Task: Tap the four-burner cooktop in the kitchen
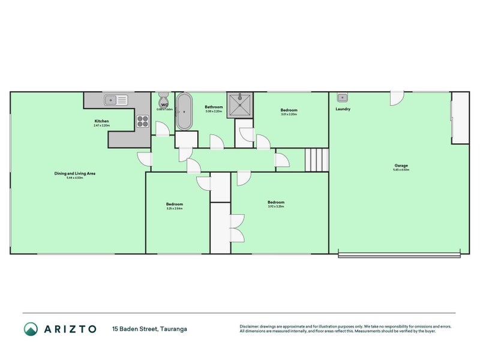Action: pos(142,121)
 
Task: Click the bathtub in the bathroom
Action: pos(184,111)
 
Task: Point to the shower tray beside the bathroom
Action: pos(240,103)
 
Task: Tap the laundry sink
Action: pos(342,97)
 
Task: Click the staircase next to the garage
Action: pos(316,160)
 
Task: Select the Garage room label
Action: pos(401,166)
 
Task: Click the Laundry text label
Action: pos(343,109)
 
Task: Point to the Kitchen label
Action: pos(101,121)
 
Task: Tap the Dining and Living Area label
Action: pos(75,173)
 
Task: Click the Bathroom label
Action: pos(214,107)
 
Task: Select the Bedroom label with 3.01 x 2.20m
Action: pos(289,110)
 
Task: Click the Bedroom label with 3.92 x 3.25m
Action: pos(276,202)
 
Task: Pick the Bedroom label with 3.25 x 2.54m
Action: pos(175,204)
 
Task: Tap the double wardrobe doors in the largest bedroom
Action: pos(238,228)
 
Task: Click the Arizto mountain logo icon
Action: pos(31,328)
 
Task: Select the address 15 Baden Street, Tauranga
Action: pos(149,329)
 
